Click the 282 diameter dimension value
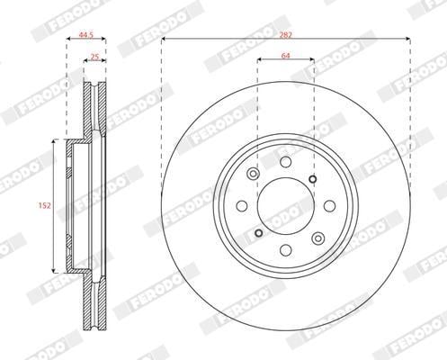[x=286, y=35]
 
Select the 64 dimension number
[x=286, y=56]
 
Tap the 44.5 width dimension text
[x=86, y=35]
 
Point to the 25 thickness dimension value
[x=94, y=57]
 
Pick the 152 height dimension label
[x=45, y=205]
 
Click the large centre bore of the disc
[x=286, y=205]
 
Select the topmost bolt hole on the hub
[x=286, y=162]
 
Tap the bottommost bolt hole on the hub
[x=286, y=250]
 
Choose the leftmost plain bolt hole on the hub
[x=242, y=206]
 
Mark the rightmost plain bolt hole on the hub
[x=330, y=206]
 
